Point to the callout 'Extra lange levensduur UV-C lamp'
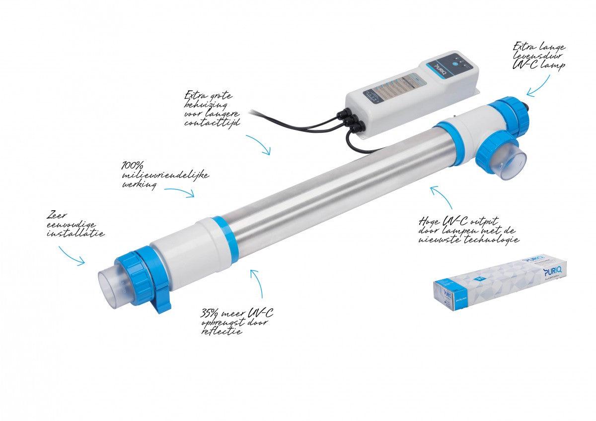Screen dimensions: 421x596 click(x=539, y=57)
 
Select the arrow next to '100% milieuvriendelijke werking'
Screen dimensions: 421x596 click(x=180, y=192)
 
